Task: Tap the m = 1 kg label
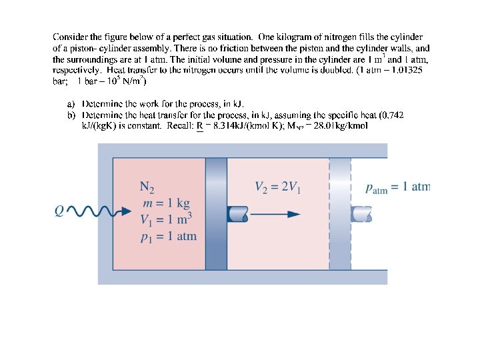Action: point(165,203)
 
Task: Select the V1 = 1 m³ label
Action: point(166,219)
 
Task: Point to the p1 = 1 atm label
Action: point(169,236)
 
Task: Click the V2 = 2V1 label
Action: point(278,187)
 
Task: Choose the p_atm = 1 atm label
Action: point(397,187)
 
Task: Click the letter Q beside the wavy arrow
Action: point(59,211)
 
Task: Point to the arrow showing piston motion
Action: point(277,214)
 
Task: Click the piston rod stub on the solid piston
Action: point(237,214)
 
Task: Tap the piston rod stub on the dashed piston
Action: point(361,214)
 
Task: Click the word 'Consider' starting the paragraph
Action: point(71,37)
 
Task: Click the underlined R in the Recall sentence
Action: point(200,125)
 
